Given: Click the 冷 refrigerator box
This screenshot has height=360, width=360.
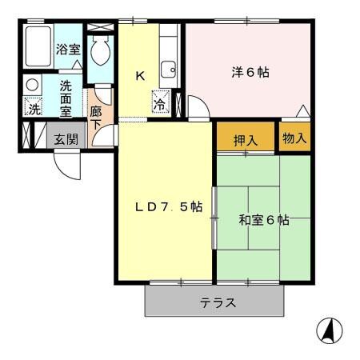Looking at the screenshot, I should coord(160,103).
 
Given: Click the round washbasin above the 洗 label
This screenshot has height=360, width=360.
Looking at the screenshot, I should coord(33,84).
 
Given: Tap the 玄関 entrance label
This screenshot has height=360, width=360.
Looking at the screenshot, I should coord(66,138).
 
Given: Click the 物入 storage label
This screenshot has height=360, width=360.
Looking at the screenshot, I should coord(294,138).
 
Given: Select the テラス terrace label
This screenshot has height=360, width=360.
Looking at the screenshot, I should coord(217,303).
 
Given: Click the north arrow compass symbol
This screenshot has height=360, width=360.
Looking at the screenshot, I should coord(330,329).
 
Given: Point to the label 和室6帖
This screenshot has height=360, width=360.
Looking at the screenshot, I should coord(263,220).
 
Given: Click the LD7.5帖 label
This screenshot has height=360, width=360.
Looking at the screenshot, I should coord(167,206).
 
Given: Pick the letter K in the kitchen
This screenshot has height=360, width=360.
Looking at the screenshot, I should coord(139,76).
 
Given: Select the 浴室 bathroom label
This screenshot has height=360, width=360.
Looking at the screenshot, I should coord(68,49).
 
